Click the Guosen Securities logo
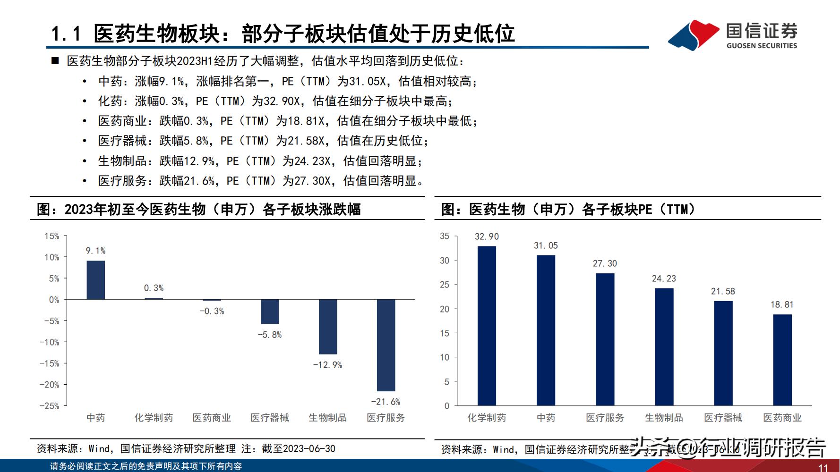(732, 34)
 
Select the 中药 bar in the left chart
(95, 280)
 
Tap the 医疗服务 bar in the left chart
(386, 345)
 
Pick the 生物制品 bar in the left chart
(327, 327)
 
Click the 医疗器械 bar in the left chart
(270, 312)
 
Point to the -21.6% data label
(386, 402)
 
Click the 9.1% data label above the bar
(95, 251)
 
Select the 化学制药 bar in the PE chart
(487, 326)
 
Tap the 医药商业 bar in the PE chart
(782, 360)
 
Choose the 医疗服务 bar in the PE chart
(605, 339)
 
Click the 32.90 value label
(487, 236)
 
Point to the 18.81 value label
(782, 304)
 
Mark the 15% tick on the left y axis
(52, 236)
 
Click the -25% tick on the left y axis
(50, 406)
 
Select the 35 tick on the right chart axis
(445, 236)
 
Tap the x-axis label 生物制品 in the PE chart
(664, 418)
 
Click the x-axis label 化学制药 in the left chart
(154, 418)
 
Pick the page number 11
(823, 468)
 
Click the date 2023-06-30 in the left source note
(307, 448)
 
